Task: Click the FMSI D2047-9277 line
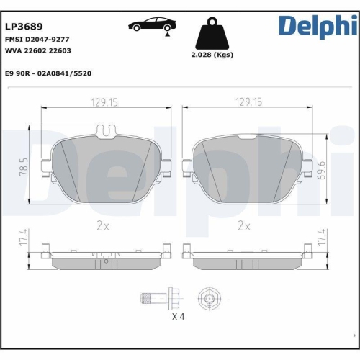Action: pos(38,40)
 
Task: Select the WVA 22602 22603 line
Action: pos(37,52)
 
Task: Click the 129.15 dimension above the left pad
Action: pos(104,103)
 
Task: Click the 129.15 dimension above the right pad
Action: pos(247,103)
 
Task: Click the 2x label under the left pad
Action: pos(103,225)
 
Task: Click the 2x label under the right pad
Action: pos(244,225)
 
